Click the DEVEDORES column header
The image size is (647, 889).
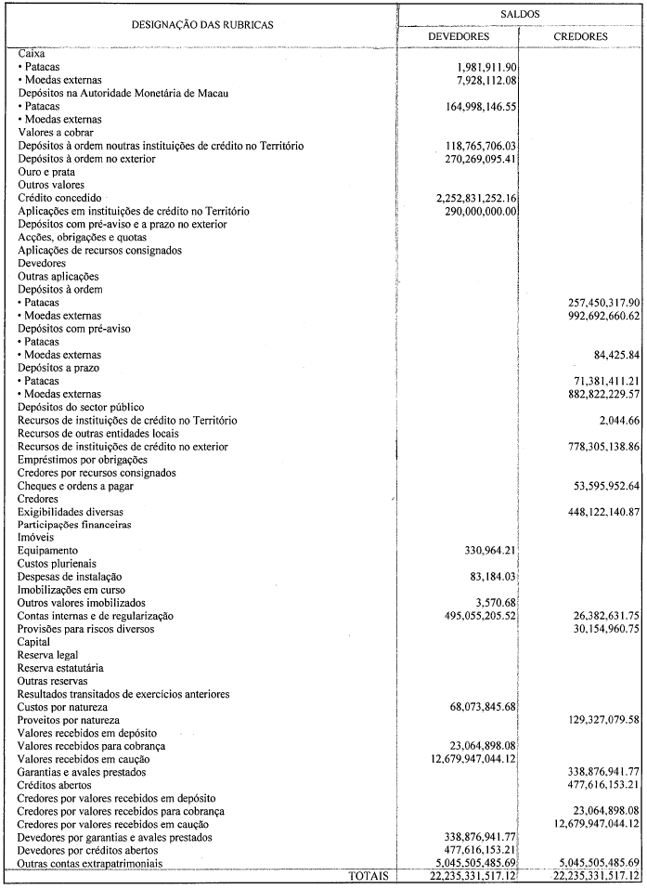(457, 36)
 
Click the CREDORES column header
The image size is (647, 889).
(580, 36)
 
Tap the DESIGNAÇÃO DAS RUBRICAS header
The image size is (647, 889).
(201, 25)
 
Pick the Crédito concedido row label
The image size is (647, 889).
(60, 198)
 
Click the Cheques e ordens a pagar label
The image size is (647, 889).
(76, 486)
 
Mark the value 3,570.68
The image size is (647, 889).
(492, 603)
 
